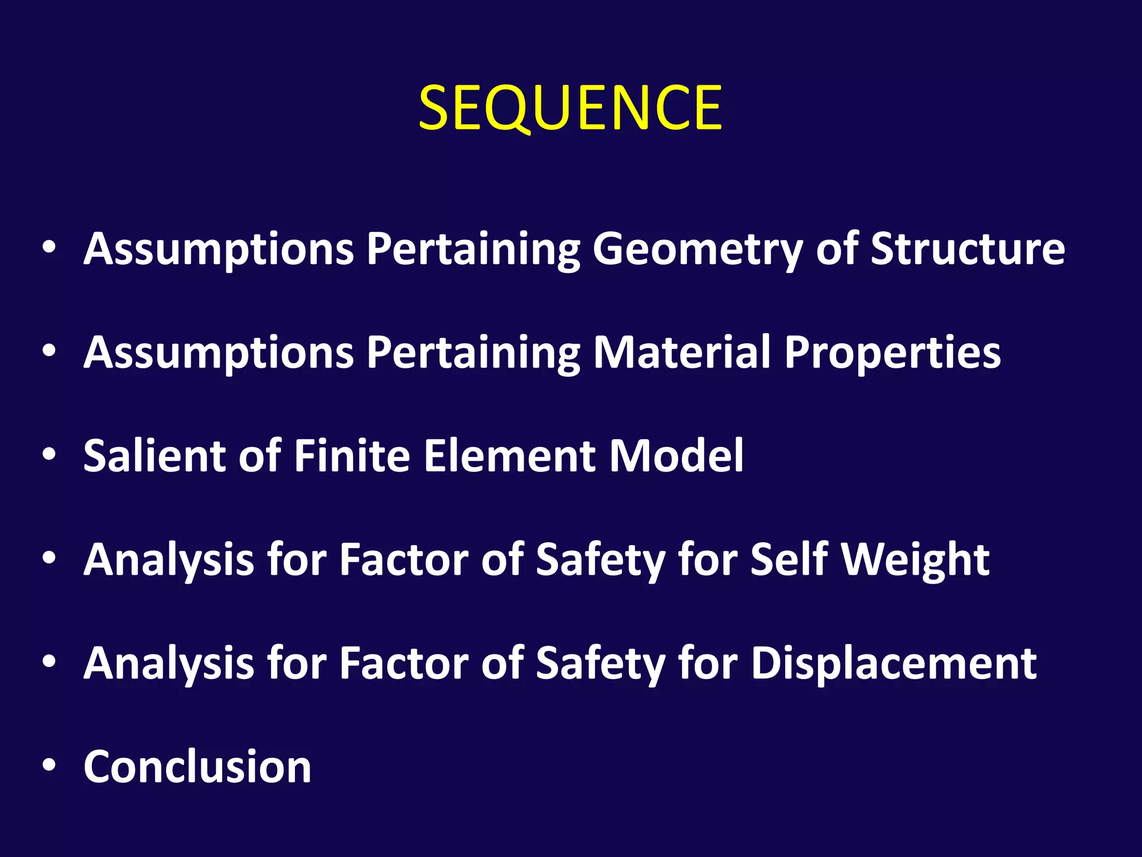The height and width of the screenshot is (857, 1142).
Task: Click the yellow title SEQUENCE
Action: tap(570, 108)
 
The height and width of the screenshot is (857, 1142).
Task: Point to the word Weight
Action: tap(916, 561)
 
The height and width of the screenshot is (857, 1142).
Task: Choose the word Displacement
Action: tap(894, 664)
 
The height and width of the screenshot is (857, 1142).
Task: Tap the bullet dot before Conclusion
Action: tap(49, 765)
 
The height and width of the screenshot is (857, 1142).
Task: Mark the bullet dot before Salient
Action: tap(49, 454)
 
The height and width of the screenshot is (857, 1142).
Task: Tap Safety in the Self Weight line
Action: tap(600, 561)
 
